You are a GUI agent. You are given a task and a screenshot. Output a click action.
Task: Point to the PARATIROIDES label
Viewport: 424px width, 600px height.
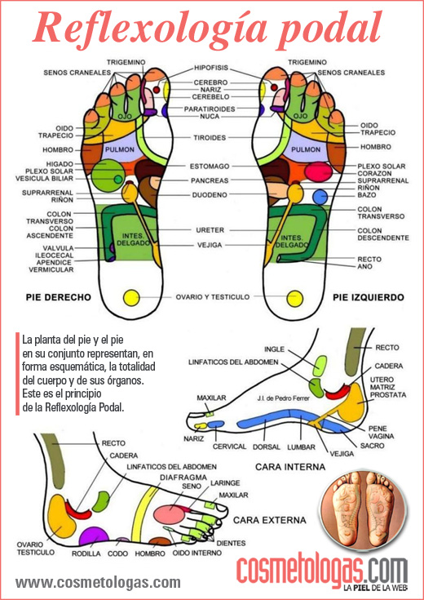(211, 108)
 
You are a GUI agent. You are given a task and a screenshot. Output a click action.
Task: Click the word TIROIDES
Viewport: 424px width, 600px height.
(210, 137)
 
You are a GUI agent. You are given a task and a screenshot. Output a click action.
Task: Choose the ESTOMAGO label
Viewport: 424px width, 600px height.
(210, 166)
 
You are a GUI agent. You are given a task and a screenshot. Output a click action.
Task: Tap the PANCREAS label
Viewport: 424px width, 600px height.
(210, 180)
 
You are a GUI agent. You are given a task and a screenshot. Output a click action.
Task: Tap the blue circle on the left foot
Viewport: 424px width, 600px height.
(321, 196)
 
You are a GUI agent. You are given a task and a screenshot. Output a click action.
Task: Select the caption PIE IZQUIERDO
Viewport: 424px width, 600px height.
(366, 298)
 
